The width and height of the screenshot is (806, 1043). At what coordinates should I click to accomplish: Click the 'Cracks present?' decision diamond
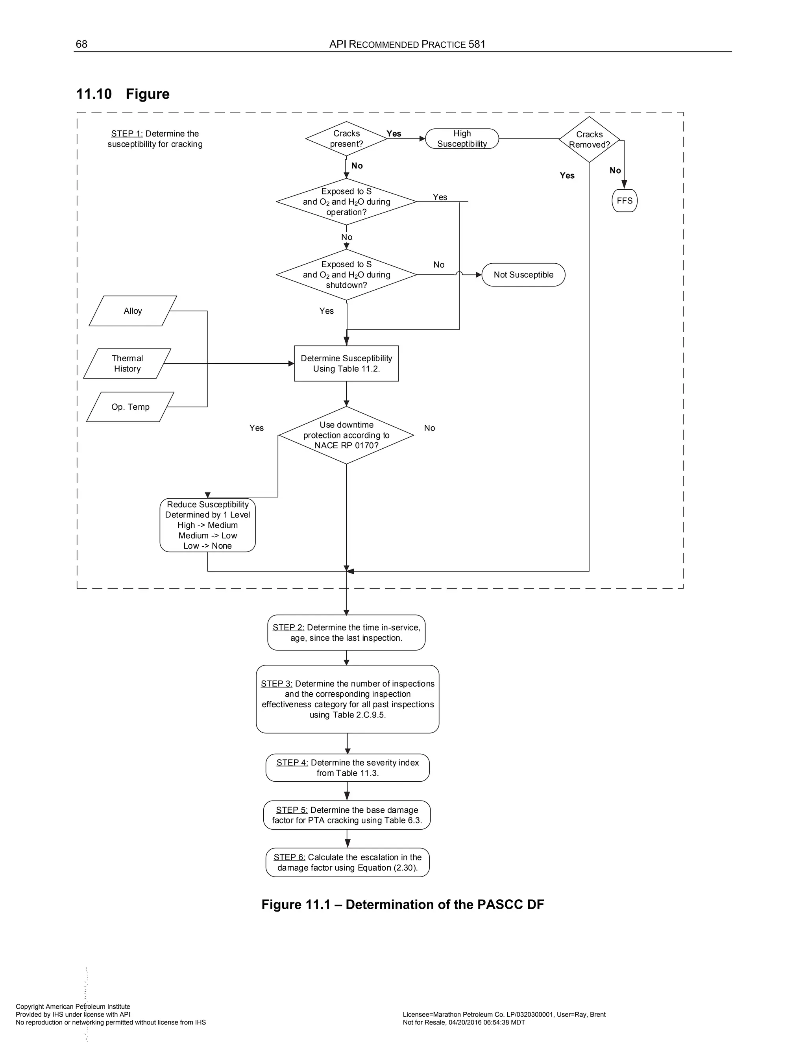346,139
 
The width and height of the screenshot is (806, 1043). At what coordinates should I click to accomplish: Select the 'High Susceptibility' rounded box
462,139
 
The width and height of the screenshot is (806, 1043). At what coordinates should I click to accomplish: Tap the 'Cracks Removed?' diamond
589,139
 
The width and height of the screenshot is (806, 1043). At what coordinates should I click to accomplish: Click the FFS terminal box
624,201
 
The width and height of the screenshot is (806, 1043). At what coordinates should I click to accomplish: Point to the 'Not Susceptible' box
523,275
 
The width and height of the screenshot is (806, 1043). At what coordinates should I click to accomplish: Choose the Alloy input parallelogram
133,311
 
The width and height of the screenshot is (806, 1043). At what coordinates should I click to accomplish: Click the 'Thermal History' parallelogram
127,363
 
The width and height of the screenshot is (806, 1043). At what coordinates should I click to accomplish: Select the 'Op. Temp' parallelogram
130,407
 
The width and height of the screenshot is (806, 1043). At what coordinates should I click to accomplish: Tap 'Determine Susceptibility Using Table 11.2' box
346,363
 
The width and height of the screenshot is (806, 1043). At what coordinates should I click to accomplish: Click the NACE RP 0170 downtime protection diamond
346,435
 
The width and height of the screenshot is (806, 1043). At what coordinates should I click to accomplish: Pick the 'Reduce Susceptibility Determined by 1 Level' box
207,525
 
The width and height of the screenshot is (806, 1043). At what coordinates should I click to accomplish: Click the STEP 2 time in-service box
346,632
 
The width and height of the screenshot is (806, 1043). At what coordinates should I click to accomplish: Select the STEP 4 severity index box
347,767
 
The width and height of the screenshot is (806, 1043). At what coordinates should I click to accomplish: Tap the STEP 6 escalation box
347,862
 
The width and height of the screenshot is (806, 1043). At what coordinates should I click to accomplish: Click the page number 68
81,44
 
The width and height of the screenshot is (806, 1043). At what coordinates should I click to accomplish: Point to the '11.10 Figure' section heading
123,94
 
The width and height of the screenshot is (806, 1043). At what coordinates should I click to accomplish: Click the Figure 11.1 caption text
403,904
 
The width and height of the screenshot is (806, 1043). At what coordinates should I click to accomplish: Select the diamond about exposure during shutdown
346,275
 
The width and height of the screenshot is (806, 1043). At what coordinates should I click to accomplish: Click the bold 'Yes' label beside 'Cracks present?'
394,134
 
